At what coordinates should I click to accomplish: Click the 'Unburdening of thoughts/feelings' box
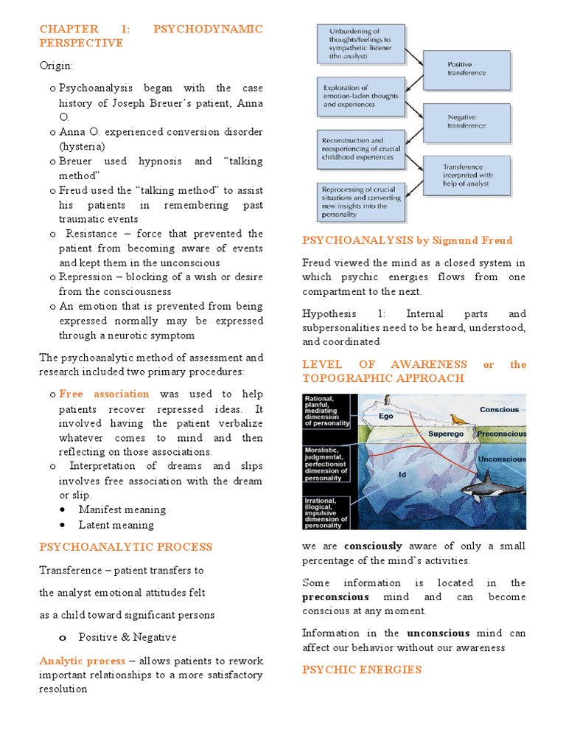[360, 44]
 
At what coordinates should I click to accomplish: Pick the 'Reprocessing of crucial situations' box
[360, 202]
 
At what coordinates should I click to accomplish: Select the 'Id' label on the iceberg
[402, 475]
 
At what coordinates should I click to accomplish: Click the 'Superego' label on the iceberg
[445, 434]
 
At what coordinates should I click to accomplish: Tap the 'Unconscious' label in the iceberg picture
[502, 459]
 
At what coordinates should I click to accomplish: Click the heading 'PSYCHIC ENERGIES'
[361, 669]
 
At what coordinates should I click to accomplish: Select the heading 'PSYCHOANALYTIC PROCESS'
[125, 547]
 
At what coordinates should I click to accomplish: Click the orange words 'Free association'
[104, 394]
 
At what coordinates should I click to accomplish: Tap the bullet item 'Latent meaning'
[116, 525]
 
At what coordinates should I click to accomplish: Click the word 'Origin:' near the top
[57, 66]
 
